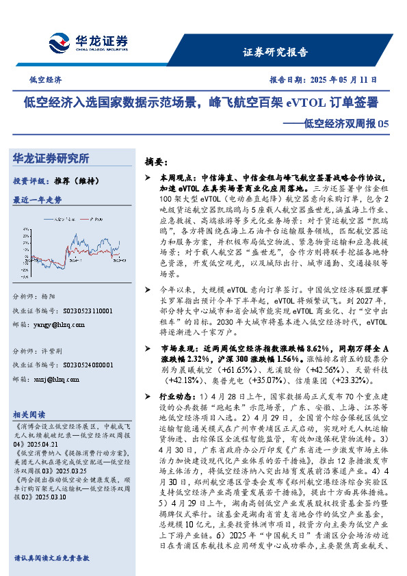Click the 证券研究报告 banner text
(276, 52)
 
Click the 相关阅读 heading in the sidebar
(29, 414)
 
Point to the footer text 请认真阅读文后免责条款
(51, 558)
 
